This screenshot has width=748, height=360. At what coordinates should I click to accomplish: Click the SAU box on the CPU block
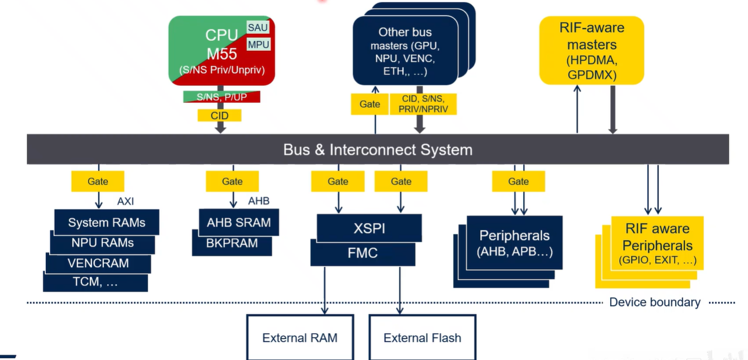coord(258,28)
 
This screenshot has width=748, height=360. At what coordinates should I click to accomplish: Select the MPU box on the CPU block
coord(258,44)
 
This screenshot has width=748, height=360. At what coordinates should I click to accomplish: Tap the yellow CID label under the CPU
coord(219,115)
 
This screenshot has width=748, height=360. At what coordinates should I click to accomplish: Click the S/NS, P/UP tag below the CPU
coord(221,97)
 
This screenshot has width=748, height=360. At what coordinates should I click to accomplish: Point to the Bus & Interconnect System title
coord(377,150)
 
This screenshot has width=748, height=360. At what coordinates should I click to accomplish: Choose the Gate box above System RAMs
coord(97,181)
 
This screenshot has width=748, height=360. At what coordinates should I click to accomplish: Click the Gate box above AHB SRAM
coord(232,181)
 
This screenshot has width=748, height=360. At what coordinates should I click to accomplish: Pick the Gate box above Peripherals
coord(518,181)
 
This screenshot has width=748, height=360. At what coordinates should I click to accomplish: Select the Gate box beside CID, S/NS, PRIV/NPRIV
coord(369,104)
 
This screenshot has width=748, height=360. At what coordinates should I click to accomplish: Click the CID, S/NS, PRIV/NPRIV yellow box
coord(423,104)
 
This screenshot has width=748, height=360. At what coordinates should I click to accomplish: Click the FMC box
coord(363,253)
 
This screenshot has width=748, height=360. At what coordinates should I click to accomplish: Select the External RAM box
coord(300,338)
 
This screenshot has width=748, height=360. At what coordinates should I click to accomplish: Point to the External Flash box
coord(422,338)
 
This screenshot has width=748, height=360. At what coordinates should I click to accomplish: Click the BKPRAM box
coord(232,244)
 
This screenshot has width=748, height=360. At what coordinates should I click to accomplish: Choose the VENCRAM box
coord(98,263)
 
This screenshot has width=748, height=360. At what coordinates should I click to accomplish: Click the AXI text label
coord(125,201)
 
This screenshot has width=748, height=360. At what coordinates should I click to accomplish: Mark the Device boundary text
coord(654,302)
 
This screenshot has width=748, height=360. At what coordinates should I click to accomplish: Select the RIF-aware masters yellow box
coord(592,51)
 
